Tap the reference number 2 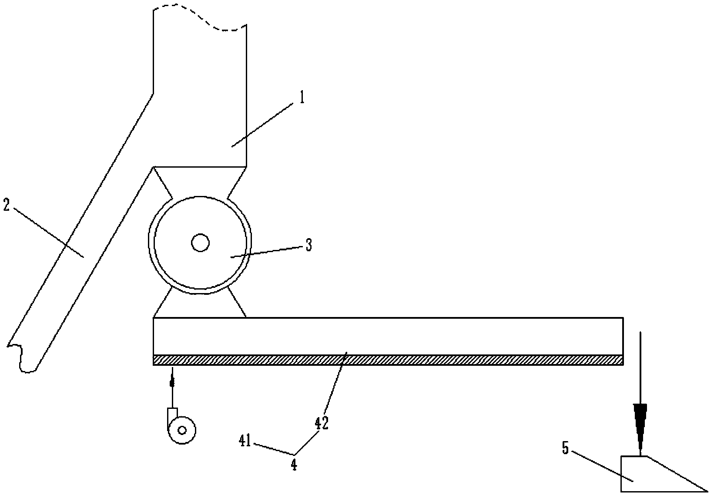pos(6,205)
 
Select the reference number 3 pos(308,245)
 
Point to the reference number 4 pos(294,465)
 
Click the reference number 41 pos(245,442)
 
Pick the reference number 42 pos(322,423)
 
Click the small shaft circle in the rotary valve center pos(200,243)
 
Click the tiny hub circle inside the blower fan pos(182,430)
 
